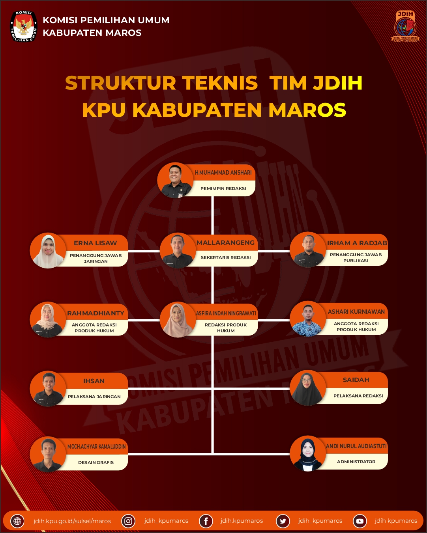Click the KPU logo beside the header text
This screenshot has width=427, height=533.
pyautogui.click(x=24, y=26)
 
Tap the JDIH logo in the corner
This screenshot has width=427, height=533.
pyautogui.click(x=405, y=26)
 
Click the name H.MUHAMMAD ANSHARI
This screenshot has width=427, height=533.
pyautogui.click(x=223, y=173)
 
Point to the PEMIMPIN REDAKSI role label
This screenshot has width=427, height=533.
pyautogui.click(x=223, y=188)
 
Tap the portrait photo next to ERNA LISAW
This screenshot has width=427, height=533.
pyautogui.click(x=48, y=251)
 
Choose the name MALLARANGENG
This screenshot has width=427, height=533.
pyautogui.click(x=226, y=243)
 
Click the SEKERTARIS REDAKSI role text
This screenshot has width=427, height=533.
pyautogui.click(x=226, y=257)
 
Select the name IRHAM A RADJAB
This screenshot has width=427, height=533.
pyautogui.click(x=357, y=243)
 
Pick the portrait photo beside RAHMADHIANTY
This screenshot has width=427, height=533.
pyautogui.click(x=48, y=320)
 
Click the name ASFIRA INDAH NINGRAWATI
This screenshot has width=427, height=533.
pyautogui.click(x=226, y=313)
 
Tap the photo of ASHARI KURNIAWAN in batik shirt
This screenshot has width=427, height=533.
pyautogui.click(x=308, y=319)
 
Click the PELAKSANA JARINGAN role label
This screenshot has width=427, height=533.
pyautogui.click(x=94, y=397)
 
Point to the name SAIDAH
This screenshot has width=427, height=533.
pyautogui.click(x=356, y=380)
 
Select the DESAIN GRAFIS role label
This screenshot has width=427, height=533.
pyautogui.click(x=96, y=462)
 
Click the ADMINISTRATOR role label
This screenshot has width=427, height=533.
pyautogui.click(x=356, y=462)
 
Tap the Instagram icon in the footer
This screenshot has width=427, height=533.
pyautogui.click(x=128, y=521)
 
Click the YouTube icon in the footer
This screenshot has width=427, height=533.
pyautogui.click(x=360, y=521)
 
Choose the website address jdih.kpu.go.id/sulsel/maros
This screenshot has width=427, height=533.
pyautogui.click(x=72, y=521)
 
